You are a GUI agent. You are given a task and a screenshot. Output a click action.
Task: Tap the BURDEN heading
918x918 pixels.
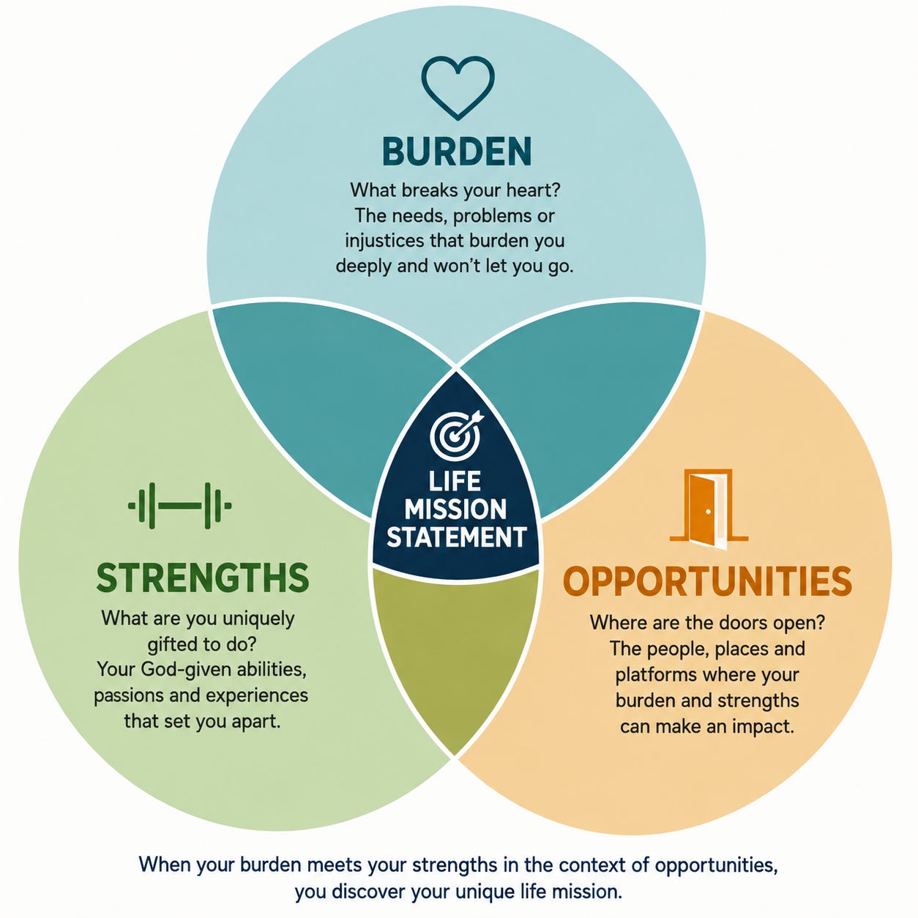(x=457, y=151)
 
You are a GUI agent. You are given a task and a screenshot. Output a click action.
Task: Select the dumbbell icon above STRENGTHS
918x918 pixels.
(x=180, y=505)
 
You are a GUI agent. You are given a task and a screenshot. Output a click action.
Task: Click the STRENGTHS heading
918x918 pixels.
(x=203, y=578)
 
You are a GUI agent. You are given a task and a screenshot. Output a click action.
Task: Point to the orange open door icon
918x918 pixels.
(x=709, y=510)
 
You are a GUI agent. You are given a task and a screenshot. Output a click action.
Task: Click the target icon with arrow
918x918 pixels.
(x=456, y=433)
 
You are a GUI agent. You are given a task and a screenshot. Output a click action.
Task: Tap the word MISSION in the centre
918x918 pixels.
(x=455, y=509)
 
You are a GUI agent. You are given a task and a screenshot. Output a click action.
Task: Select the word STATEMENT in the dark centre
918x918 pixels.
(x=456, y=537)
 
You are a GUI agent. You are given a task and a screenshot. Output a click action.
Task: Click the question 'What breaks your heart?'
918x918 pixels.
(x=455, y=190)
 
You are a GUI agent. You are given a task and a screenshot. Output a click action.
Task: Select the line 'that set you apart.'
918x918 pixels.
(x=202, y=721)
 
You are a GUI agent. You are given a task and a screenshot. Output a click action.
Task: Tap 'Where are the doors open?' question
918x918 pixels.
(x=707, y=623)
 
